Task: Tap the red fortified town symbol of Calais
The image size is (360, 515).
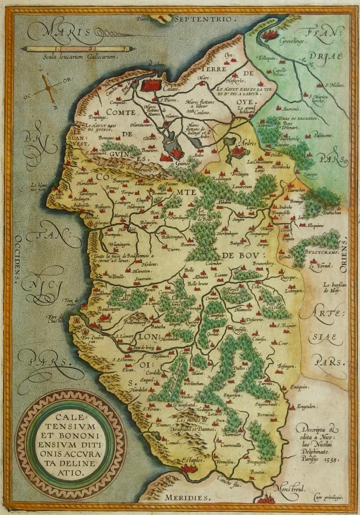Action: (151, 85)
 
